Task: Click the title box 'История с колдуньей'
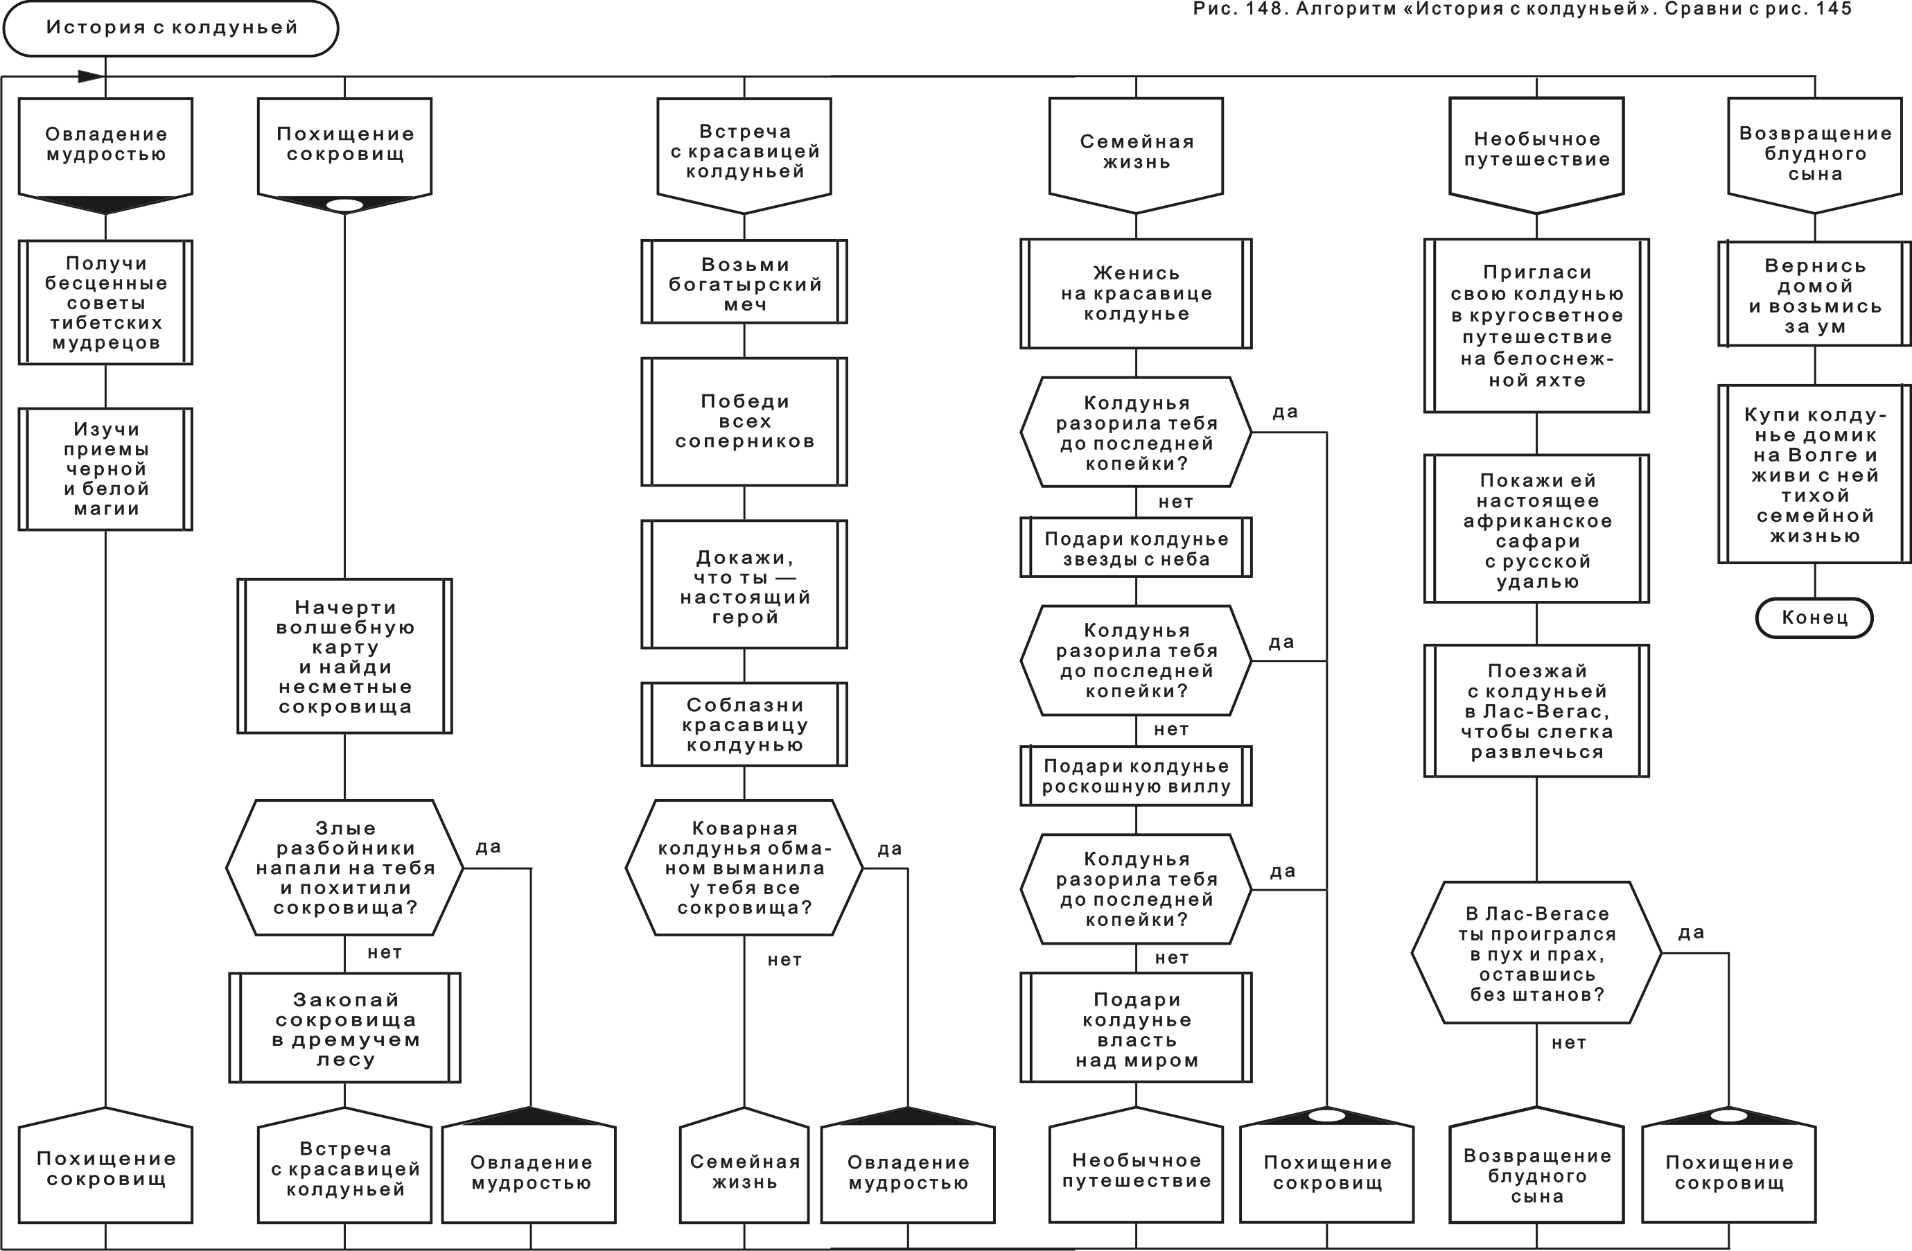(x=170, y=28)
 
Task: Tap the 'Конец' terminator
(x=1814, y=618)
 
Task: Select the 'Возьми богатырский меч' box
(x=744, y=282)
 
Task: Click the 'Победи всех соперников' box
(x=744, y=422)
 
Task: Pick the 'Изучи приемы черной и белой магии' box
(x=105, y=469)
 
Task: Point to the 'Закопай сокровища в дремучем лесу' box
(x=344, y=1029)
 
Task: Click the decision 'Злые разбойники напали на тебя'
(x=344, y=868)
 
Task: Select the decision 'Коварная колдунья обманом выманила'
(x=744, y=868)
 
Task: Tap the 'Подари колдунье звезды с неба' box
(x=1135, y=549)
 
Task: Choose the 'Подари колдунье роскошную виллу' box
(x=1135, y=776)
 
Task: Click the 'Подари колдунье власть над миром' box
(x=1135, y=1029)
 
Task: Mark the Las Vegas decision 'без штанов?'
(x=1536, y=953)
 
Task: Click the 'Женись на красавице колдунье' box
(x=1135, y=293)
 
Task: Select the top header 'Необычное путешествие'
(x=1536, y=150)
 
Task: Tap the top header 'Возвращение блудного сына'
(x=1814, y=152)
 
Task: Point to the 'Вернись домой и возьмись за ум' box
(x=1814, y=295)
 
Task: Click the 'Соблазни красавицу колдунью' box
(x=744, y=725)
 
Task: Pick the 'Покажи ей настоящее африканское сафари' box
(x=1536, y=530)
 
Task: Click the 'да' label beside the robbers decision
(x=488, y=848)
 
